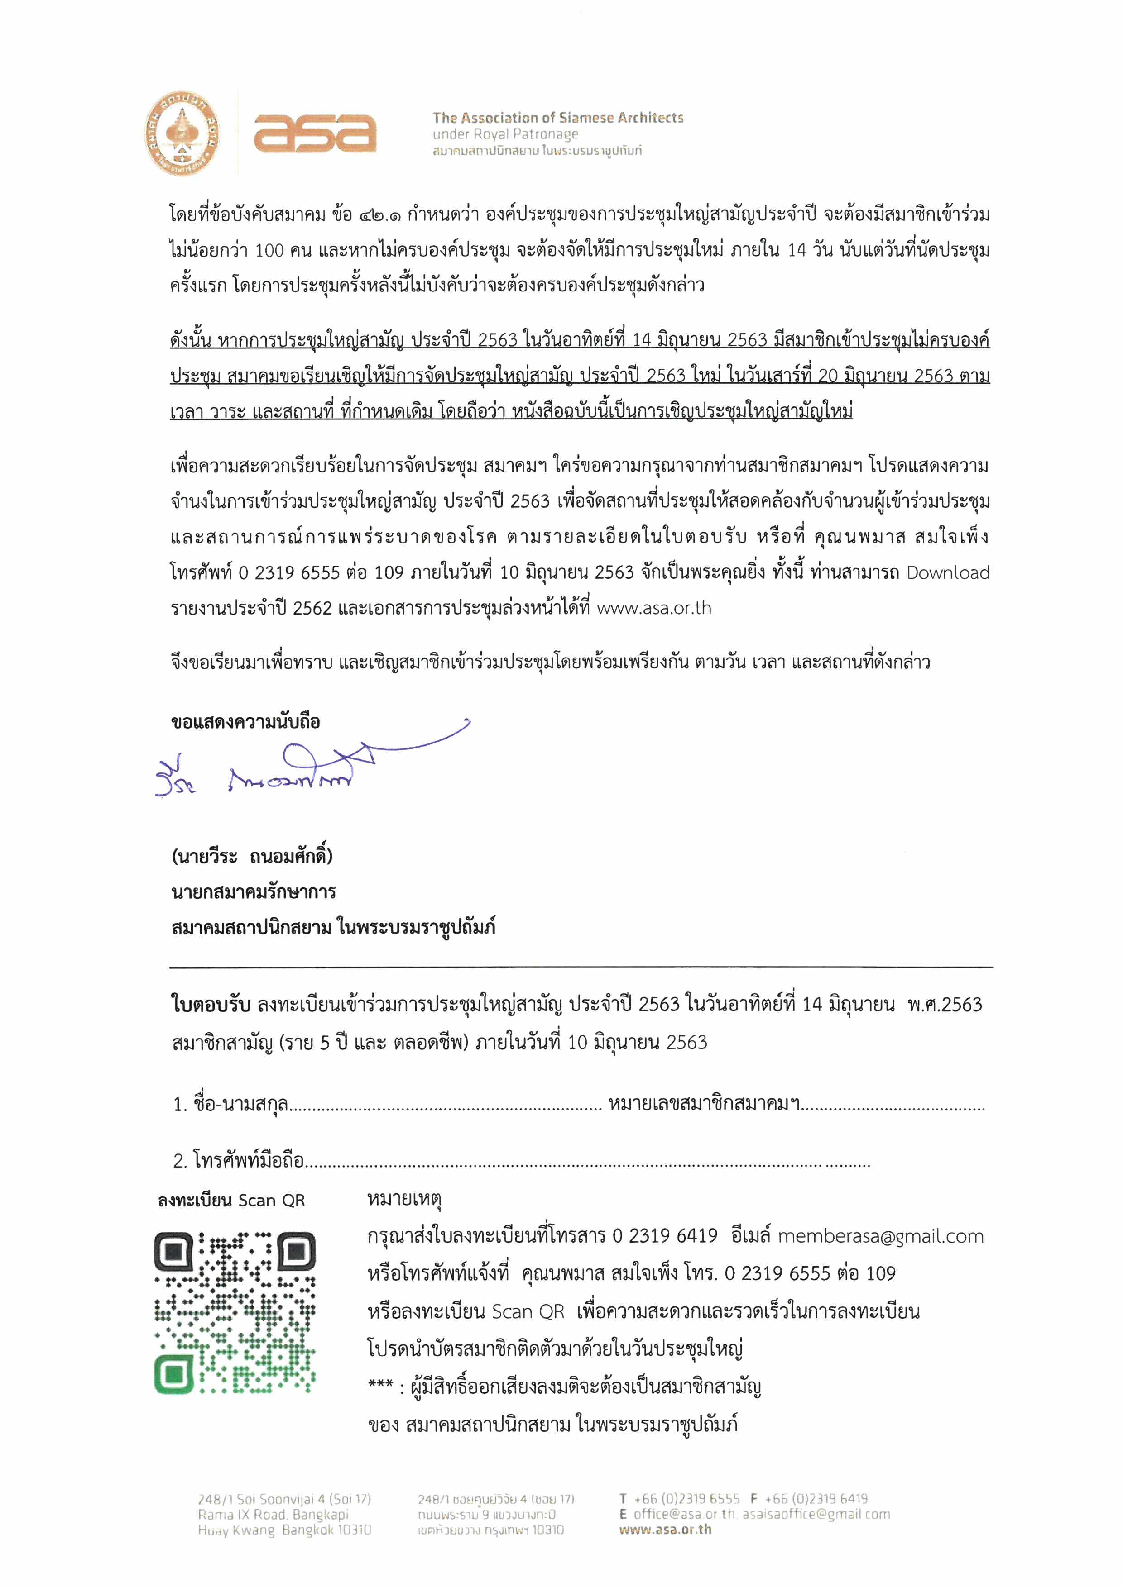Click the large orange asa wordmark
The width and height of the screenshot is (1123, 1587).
[x=315, y=133]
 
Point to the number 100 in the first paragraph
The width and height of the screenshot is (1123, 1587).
[x=269, y=250]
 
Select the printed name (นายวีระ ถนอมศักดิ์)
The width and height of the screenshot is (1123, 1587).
[x=252, y=856]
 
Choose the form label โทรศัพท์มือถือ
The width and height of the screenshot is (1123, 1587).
[x=249, y=1161]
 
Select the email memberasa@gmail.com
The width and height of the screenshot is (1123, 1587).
[x=880, y=1237]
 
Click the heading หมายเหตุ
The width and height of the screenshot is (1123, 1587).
[x=404, y=1199]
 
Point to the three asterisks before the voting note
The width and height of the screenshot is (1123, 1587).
[x=380, y=1384]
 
